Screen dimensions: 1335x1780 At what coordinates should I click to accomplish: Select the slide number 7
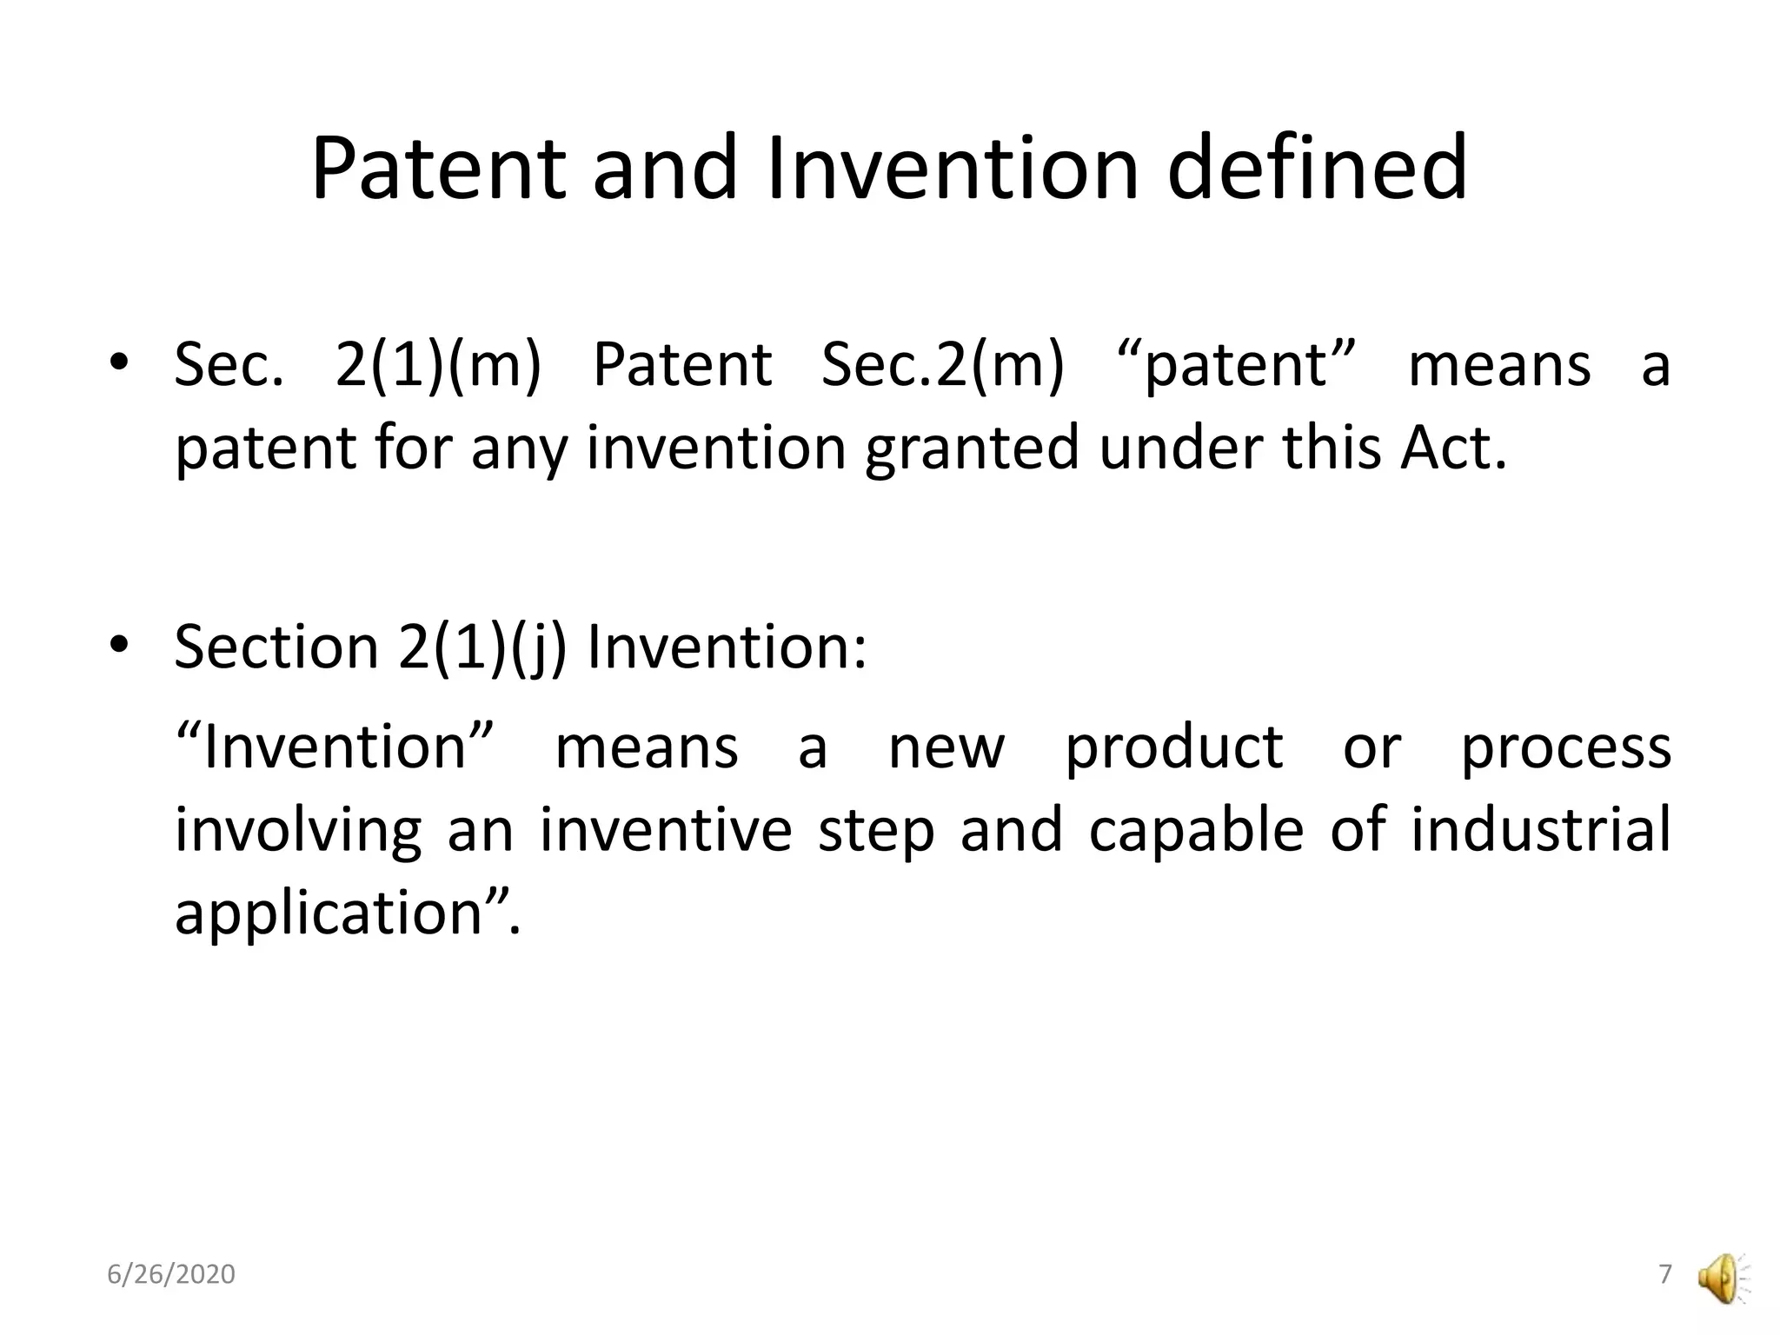coord(1665,1274)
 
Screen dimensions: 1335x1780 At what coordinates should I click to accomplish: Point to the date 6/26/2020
coord(171,1274)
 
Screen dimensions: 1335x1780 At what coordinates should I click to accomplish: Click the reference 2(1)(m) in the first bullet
coord(438,365)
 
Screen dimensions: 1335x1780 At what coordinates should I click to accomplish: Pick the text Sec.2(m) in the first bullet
coord(942,365)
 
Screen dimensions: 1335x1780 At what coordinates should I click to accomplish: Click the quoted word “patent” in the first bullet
coord(1235,365)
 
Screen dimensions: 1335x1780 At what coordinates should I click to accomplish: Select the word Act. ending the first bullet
coord(1452,448)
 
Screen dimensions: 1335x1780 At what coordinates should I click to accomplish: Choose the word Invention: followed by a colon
coord(727,648)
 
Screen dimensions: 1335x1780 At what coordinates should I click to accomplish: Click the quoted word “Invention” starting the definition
coord(335,747)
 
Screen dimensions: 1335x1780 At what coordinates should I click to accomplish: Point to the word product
coord(1174,747)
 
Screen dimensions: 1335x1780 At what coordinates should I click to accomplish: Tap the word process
coord(1565,747)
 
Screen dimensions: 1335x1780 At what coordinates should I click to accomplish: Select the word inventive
coord(666,830)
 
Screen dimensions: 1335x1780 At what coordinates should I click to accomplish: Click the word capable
coord(1196,830)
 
